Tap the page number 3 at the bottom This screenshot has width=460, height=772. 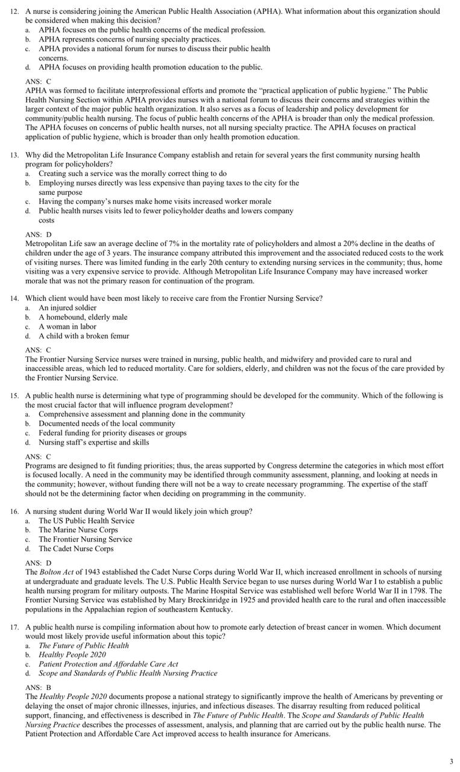pos(451,762)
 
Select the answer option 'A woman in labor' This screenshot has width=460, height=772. pos(67,326)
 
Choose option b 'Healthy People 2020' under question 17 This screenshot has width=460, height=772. pos(72,654)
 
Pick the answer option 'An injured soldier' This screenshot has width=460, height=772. pos(68,308)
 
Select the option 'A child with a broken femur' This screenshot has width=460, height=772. pos(84,336)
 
